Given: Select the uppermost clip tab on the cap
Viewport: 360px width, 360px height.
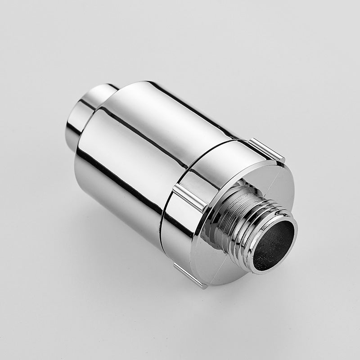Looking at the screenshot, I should [x=266, y=149].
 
